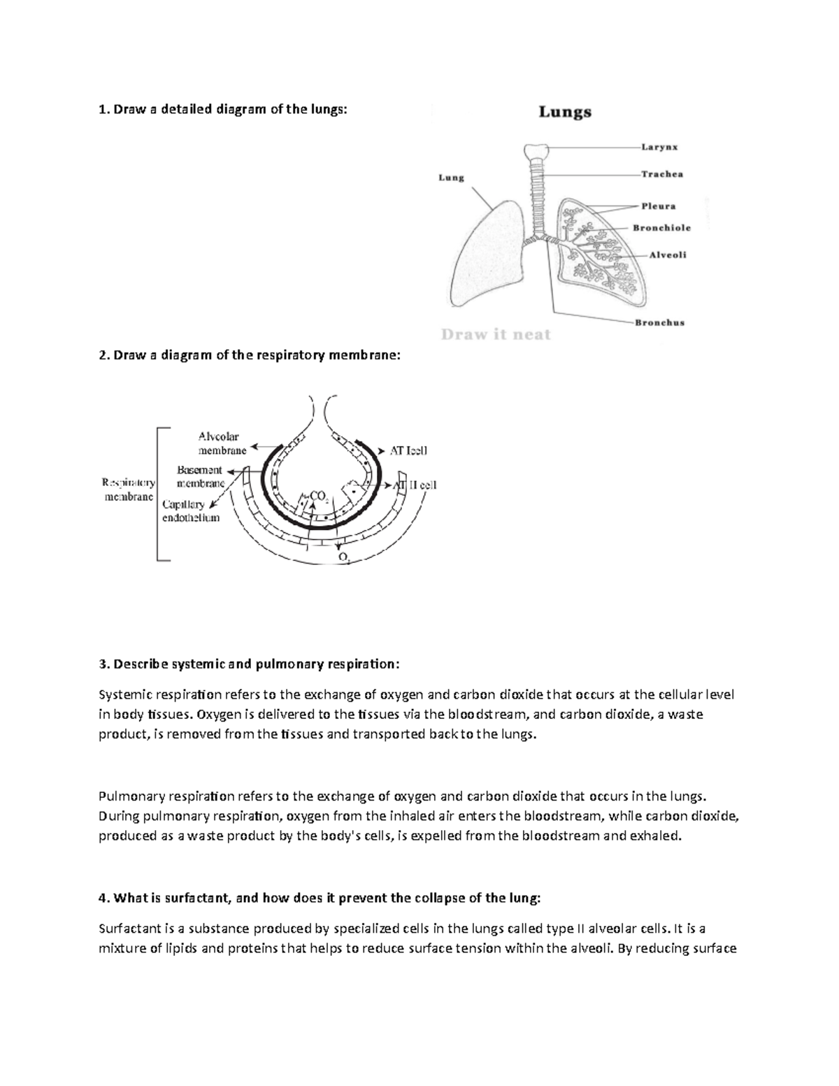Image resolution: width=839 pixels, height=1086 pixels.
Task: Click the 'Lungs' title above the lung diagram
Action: [x=564, y=112]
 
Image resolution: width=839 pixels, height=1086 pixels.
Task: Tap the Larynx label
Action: [x=659, y=148]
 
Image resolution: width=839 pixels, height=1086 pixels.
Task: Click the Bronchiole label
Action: [x=661, y=228]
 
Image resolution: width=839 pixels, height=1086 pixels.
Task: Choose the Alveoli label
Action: [x=668, y=255]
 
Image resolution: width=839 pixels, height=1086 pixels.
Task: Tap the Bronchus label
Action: [x=659, y=322]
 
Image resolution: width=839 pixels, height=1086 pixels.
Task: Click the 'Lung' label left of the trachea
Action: [x=451, y=178]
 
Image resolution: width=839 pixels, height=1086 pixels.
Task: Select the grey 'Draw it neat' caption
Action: [x=496, y=335]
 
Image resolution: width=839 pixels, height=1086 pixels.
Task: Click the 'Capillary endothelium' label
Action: [x=190, y=510]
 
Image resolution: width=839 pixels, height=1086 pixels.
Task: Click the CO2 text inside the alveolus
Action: [x=318, y=496]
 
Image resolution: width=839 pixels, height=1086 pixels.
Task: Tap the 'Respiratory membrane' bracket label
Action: [x=129, y=490]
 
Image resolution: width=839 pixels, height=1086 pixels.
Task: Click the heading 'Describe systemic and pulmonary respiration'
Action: [x=250, y=664]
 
